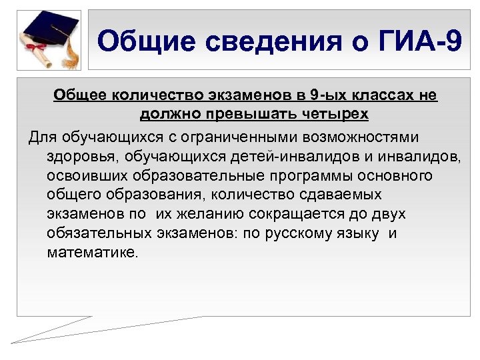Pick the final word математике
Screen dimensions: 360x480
pos(91,253)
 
